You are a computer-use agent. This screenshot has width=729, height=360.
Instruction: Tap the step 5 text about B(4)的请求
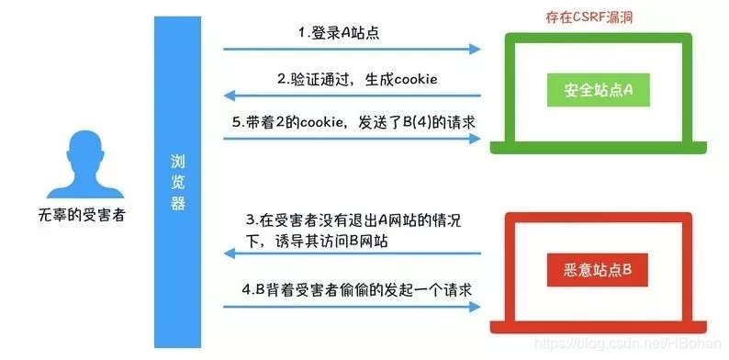pos(353,121)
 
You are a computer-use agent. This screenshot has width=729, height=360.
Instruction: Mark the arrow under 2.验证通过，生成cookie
pos(353,94)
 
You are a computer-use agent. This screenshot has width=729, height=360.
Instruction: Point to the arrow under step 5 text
pos(353,139)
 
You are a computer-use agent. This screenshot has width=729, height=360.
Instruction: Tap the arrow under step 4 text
pos(353,305)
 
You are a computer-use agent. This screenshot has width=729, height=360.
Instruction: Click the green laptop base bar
pos(601,149)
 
